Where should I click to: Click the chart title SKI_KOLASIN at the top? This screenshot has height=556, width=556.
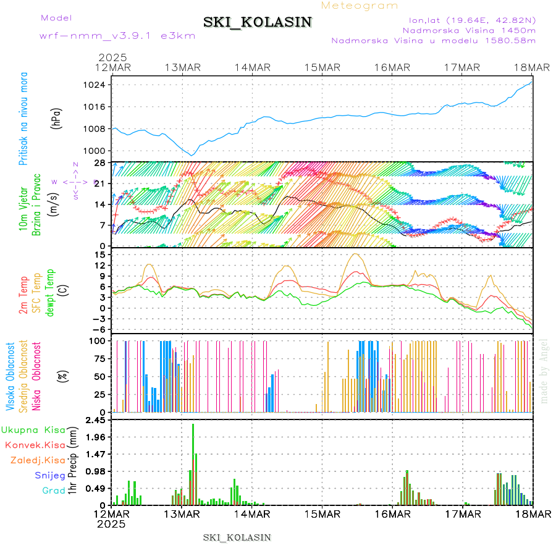(258, 22)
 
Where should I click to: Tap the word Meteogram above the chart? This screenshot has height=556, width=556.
(360, 6)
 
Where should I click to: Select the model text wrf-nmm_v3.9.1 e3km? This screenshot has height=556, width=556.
(117, 35)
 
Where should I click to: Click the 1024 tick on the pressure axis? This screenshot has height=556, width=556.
(96, 85)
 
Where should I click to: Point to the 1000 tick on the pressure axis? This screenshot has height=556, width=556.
(96, 151)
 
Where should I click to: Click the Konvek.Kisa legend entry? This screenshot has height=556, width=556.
(35, 445)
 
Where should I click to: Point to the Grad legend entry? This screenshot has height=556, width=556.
(53, 491)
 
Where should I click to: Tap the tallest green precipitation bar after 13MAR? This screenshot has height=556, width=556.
(193, 463)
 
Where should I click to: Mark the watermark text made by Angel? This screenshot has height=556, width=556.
(544, 371)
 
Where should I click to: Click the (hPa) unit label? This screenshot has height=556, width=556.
(56, 118)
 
